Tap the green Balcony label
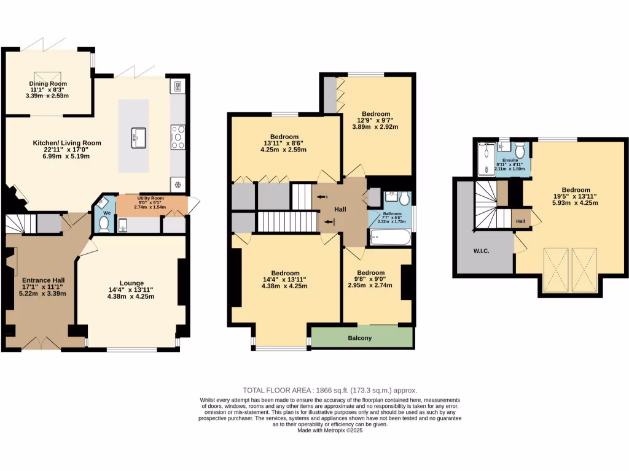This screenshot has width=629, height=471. coord(360,338)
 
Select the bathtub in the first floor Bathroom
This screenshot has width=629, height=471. coord(389,237)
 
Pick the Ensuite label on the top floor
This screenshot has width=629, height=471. coord(510,159)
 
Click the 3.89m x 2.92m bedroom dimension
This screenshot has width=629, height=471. coord(375,128)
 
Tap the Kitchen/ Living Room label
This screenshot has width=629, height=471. coord(67,143)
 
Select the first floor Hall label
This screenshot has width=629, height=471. coord(340,209)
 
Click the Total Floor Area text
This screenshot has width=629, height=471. coord(330,390)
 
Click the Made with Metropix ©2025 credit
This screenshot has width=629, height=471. coord(330,431)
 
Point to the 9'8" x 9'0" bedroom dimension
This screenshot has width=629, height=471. coord(371,280)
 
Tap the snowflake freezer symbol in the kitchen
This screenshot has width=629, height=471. coord(178,184)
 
